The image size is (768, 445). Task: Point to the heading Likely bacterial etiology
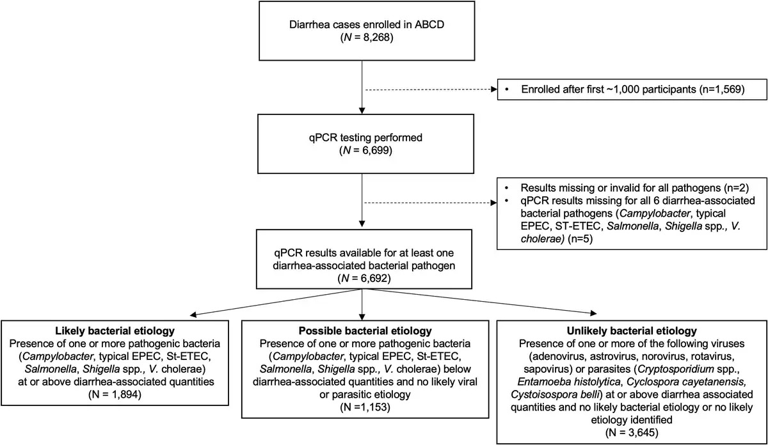tap(115, 331)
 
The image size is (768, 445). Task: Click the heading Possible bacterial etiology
tap(365, 331)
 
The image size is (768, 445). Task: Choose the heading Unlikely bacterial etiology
tap(632, 331)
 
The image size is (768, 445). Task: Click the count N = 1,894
tap(115, 394)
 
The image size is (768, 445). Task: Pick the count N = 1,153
tap(365, 407)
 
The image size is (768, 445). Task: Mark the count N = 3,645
tap(632, 432)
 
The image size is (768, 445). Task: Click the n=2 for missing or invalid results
tap(739, 188)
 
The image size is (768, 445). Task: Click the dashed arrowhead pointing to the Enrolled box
tap(494, 90)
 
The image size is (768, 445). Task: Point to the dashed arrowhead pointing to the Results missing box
tap(493, 203)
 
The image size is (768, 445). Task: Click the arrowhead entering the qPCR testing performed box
tap(362, 111)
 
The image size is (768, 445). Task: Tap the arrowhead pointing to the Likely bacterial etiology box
tap(193, 315)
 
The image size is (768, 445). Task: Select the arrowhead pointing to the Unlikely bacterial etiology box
tap(593, 313)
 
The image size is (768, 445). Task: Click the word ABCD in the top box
tap(429, 24)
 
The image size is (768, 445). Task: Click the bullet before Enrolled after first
tap(507, 90)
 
